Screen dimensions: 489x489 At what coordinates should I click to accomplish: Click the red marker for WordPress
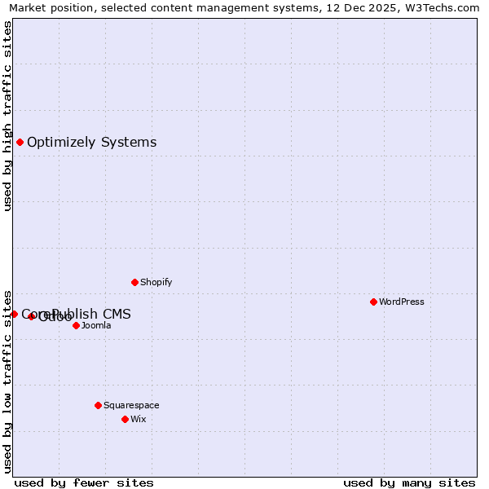pos(373,302)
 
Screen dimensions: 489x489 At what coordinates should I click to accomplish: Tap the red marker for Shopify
pos(134,282)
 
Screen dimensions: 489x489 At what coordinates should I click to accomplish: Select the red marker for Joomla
pos(76,325)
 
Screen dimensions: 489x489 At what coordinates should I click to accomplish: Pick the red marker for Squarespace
pos(98,405)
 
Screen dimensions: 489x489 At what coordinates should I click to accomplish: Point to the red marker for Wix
pos(125,419)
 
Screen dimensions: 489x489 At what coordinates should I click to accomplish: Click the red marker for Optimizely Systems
pos(20,142)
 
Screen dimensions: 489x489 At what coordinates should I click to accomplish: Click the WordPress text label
pos(402,302)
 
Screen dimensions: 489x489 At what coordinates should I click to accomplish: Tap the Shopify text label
pos(156,282)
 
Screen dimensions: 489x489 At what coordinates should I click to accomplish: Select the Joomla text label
pos(96,325)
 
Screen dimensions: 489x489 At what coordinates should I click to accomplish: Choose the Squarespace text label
pos(131,405)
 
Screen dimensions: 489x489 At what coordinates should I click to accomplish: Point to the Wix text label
pos(138,419)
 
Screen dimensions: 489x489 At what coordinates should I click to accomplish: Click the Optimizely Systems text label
pos(91,142)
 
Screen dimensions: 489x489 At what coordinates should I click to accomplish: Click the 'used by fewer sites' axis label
pos(84,482)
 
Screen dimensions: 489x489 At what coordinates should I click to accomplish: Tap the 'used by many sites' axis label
pos(409,482)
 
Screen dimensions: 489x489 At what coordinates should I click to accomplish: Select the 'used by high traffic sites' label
pos(8,116)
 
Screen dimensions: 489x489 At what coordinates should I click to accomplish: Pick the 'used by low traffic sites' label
pos(8,381)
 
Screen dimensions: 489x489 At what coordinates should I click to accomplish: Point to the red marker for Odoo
pos(32,316)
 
